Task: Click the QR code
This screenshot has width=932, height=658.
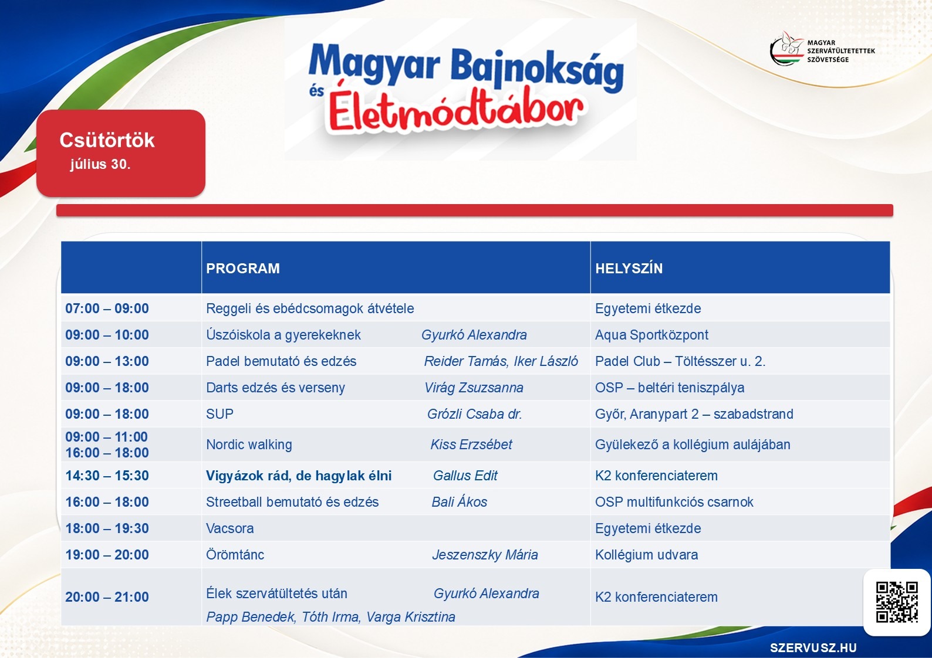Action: (897, 602)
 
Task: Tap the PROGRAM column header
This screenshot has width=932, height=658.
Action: (243, 269)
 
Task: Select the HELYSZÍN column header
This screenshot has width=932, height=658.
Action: (629, 269)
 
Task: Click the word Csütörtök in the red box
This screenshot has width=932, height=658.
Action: (107, 140)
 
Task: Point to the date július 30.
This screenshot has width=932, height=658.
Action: (100, 164)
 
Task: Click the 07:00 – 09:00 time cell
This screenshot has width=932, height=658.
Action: (107, 308)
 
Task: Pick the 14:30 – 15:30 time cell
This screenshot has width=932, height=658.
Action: (107, 476)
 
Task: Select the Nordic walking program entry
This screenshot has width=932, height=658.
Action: (249, 445)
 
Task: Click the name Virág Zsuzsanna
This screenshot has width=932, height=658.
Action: (474, 388)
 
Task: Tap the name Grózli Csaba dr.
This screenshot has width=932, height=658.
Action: (474, 414)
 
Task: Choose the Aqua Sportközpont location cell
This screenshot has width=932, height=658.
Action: (651, 335)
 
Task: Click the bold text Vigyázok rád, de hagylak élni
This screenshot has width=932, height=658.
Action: (299, 476)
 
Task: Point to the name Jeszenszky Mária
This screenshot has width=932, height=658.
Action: (485, 555)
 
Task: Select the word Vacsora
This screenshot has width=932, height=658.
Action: (229, 528)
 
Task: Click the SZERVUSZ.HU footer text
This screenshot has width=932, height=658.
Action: (813, 647)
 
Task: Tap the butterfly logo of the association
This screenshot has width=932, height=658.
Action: (787, 49)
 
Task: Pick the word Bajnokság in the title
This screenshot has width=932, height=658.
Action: (537, 69)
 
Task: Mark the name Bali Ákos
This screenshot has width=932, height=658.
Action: (459, 501)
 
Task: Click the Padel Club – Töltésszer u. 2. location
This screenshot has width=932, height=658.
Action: (680, 361)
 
